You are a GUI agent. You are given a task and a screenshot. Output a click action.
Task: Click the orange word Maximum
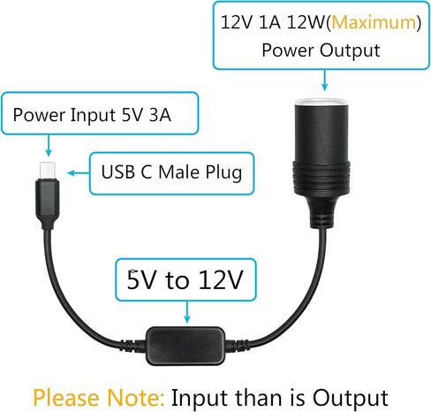point(374,22)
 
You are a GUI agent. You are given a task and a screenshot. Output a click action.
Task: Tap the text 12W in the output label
point(306,22)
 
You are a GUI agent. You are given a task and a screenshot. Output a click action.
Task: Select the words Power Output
point(321,50)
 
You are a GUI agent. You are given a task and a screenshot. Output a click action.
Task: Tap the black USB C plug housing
point(47,204)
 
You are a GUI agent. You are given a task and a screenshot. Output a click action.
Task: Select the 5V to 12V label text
point(185,279)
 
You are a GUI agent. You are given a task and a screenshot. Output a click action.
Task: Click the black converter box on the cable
point(185,345)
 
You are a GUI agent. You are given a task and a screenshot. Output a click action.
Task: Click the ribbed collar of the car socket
point(321,177)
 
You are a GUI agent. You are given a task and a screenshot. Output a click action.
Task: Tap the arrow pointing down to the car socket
point(324,80)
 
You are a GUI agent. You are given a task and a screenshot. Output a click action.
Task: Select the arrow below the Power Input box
point(49,145)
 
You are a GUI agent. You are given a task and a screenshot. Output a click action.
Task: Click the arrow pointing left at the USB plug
point(79,172)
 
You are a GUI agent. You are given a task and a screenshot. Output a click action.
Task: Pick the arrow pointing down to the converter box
point(186,312)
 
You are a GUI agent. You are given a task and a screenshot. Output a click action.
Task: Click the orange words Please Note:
point(99,398)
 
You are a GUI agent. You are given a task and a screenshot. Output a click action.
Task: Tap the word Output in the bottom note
point(350,398)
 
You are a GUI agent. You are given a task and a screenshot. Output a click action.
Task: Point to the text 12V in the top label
point(236,22)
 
